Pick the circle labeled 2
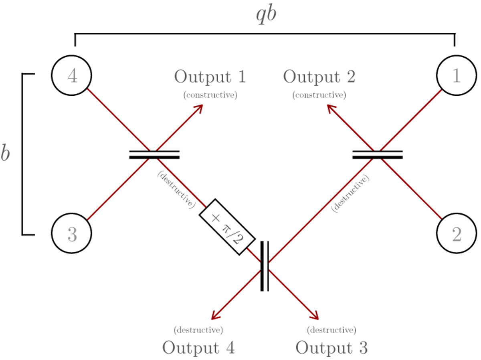pyautogui.click(x=457, y=235)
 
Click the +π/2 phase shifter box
pyautogui.click(x=227, y=227)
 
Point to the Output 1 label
pyautogui.click(x=210, y=77)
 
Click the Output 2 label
pyautogui.click(x=319, y=77)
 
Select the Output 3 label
pyautogui.click(x=331, y=348)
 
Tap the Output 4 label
pyautogui.click(x=198, y=348)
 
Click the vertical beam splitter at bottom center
pyautogui.click(x=264, y=266)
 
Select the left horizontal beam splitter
pyautogui.click(x=154, y=155)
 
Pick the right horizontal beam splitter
pyautogui.click(x=377, y=155)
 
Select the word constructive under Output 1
pyautogui.click(x=210, y=95)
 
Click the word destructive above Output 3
pyautogui.click(x=331, y=330)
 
